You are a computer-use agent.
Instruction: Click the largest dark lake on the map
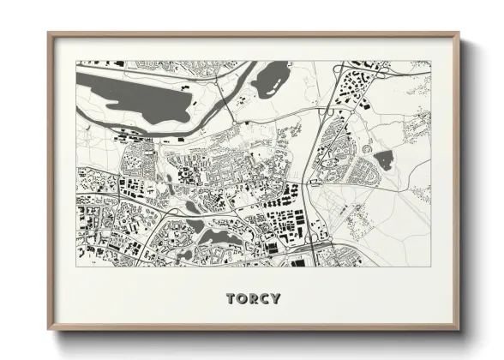click(x=137, y=97)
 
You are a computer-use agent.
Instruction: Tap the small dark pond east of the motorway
click(x=382, y=159)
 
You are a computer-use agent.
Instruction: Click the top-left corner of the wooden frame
click(x=49, y=33)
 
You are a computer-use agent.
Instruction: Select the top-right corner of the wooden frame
click(x=459, y=33)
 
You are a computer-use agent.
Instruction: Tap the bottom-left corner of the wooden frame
click(x=49, y=330)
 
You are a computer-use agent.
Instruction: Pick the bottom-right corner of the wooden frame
click(x=459, y=330)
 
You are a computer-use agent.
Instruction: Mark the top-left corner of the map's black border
click(x=77, y=62)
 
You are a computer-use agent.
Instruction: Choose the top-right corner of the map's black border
click(x=430, y=62)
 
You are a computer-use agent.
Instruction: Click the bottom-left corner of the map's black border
click(x=77, y=267)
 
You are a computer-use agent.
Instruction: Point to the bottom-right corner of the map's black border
click(x=430, y=267)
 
